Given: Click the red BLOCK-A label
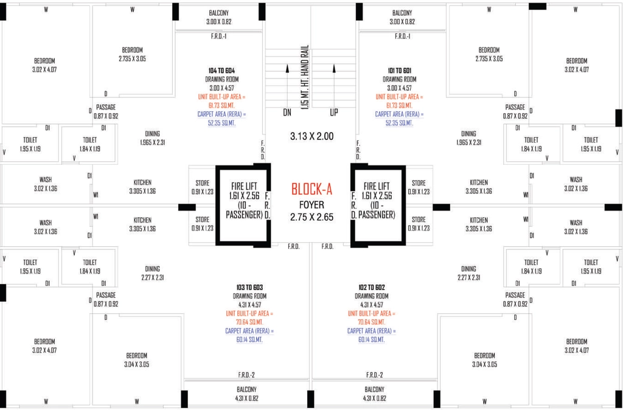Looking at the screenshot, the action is pyautogui.click(x=311, y=189).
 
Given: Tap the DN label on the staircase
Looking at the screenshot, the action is pyautogui.click(x=287, y=113).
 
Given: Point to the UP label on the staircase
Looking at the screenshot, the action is pyautogui.click(x=334, y=113).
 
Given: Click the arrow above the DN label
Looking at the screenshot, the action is pyautogui.click(x=287, y=85).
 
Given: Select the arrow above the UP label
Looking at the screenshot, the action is pyautogui.click(x=334, y=85).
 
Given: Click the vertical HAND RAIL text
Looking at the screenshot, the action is pyautogui.click(x=305, y=79).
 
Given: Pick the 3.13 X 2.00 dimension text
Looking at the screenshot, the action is pyautogui.click(x=311, y=136).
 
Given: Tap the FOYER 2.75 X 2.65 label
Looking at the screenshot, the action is pyautogui.click(x=311, y=211).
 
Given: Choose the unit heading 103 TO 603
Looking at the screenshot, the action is pyautogui.click(x=249, y=287).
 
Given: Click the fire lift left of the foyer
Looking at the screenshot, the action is pyautogui.click(x=243, y=204).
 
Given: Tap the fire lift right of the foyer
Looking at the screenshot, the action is pyautogui.click(x=378, y=204).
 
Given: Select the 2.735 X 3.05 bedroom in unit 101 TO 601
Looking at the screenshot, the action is pyautogui.click(x=489, y=54).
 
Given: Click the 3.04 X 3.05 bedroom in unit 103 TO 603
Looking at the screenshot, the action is pyautogui.click(x=137, y=360).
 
